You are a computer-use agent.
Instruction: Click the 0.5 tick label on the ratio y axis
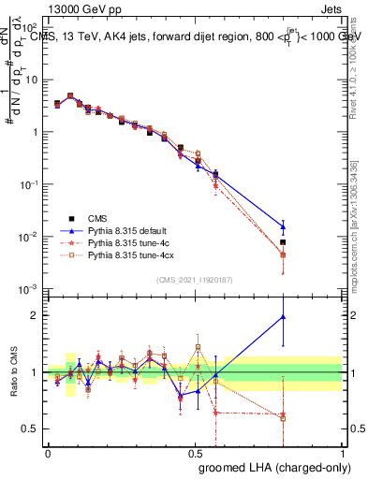[31, 429]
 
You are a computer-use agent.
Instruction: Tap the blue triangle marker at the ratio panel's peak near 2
[283, 317]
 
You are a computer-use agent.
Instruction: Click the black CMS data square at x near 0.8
[283, 242]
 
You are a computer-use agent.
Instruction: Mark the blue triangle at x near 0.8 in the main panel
[283, 225]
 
